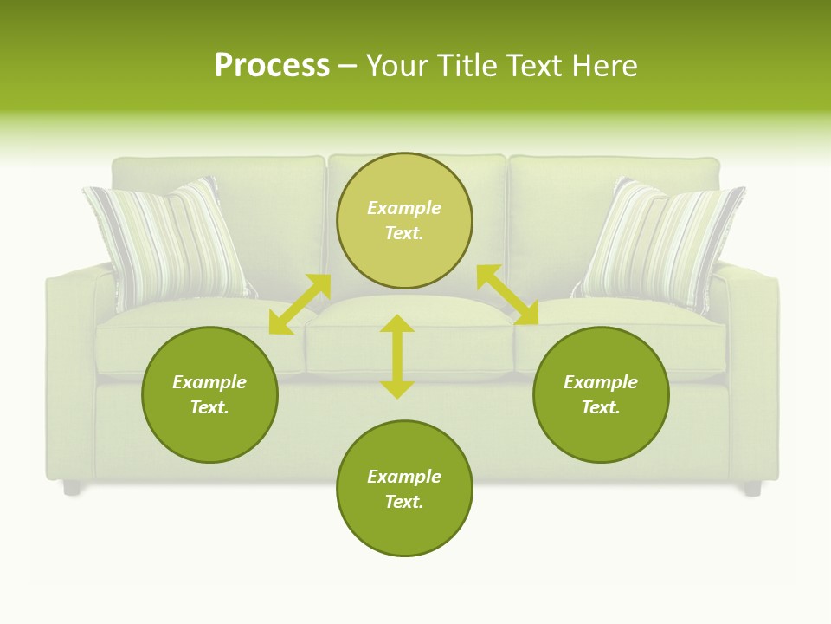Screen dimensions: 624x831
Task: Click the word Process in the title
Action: (x=272, y=66)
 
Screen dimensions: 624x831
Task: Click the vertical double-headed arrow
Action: (x=397, y=357)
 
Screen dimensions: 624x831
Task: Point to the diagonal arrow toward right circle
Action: (x=507, y=295)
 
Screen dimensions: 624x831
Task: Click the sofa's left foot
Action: (x=72, y=488)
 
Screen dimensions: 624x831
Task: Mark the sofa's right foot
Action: (x=752, y=489)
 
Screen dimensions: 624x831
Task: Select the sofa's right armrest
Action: (x=751, y=364)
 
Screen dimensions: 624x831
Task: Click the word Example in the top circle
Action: (x=404, y=208)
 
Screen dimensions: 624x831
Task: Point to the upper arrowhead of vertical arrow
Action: (x=397, y=323)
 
